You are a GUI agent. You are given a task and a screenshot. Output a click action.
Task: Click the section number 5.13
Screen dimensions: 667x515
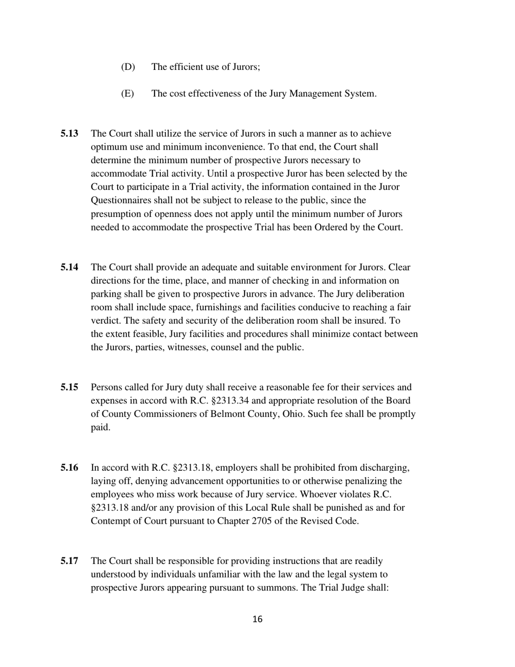tap(69, 133)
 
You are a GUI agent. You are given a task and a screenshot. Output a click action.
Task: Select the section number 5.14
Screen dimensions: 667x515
tap(69, 267)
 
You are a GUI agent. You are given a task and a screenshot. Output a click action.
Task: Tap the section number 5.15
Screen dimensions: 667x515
tap(69, 387)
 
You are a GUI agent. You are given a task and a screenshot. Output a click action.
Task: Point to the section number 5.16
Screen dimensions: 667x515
tap(69, 467)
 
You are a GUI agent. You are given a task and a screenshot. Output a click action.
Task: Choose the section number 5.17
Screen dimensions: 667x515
tap(69, 561)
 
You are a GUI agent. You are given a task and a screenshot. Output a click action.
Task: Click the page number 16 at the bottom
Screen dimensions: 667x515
tap(257, 619)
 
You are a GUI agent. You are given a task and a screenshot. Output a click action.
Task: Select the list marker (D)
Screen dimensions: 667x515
tap(128, 67)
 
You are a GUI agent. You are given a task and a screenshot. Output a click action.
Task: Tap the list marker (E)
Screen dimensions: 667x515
tap(127, 93)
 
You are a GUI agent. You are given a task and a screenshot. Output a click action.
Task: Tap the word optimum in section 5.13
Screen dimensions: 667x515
tap(110, 147)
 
